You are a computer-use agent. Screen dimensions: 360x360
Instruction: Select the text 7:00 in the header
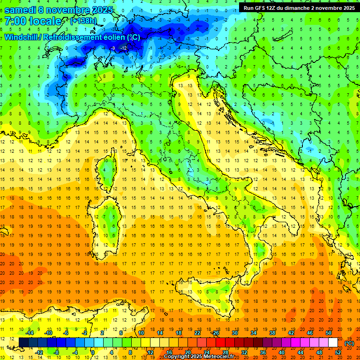coord(15,22)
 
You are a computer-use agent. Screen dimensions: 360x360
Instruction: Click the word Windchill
coord(22,37)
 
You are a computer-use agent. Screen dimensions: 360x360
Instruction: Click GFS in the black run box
coord(263,8)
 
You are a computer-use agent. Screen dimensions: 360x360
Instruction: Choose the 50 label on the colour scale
coord(329,332)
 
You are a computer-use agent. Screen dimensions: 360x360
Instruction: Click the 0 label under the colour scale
coord(93,352)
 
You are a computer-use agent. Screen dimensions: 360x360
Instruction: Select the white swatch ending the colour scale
coord(333,342)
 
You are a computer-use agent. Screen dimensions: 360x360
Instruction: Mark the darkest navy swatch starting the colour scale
coord(23,342)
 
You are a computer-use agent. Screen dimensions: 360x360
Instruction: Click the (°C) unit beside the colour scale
coord(349,343)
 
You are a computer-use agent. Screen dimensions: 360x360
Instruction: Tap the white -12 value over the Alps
coord(123,48)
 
